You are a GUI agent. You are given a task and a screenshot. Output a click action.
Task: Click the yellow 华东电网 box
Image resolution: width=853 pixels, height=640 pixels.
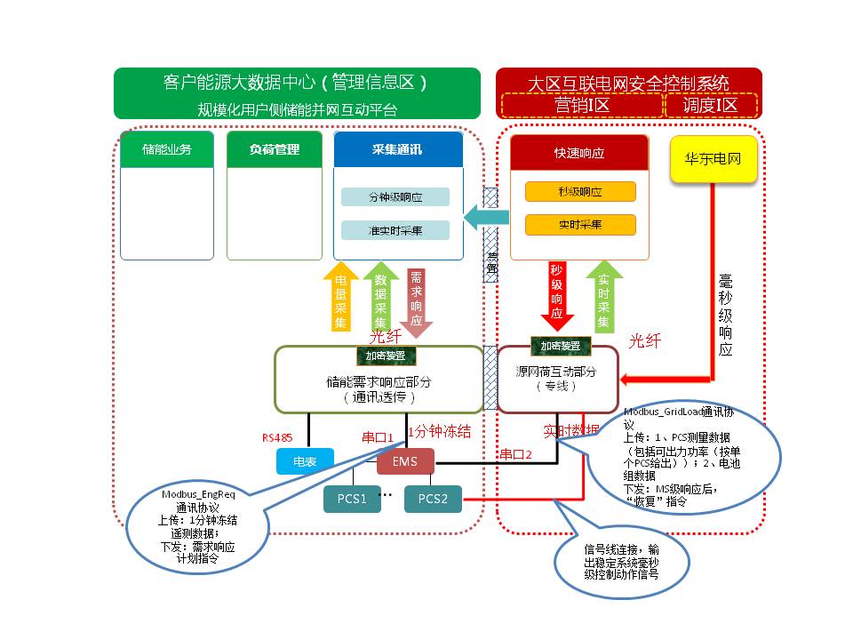[713, 160]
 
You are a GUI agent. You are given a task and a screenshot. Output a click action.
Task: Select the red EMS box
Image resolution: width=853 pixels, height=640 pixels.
[405, 460]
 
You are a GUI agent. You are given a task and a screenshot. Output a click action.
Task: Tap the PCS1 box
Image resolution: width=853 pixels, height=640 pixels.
[352, 499]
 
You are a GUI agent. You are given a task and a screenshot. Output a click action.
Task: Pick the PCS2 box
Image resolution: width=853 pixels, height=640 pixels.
[433, 499]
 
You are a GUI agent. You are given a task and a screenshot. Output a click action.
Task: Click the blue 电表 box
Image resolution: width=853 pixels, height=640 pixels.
[305, 460]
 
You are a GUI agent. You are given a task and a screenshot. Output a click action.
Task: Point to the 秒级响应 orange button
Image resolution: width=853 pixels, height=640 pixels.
[580, 192]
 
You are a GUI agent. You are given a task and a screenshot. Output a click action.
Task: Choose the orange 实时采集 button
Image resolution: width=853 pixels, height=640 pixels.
[580, 224]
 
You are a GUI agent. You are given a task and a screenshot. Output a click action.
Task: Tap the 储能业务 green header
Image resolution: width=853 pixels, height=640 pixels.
[167, 149]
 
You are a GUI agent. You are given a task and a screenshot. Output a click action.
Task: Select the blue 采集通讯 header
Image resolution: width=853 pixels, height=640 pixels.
[398, 149]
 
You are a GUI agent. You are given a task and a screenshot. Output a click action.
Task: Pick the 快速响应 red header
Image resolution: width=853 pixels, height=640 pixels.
[579, 152]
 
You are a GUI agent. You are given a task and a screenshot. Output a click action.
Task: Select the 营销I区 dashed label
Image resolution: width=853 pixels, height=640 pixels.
[581, 105]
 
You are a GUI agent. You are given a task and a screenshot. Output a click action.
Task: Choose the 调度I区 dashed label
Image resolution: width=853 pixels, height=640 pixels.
[711, 105]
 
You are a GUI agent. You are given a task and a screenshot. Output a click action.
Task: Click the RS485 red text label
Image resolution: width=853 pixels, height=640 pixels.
[276, 437]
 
